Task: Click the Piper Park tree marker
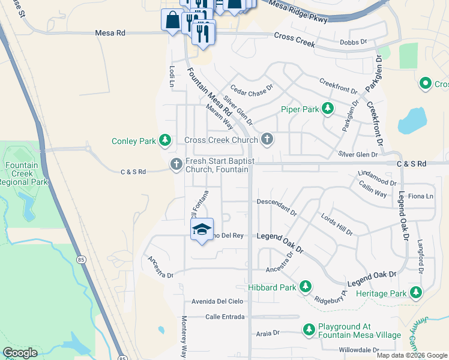click(x=327, y=109)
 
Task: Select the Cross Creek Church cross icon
click(x=267, y=140)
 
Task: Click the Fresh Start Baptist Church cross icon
click(x=176, y=164)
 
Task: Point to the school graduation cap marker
click(x=202, y=229)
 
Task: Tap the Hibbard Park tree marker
click(x=305, y=287)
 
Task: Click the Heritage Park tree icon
click(x=415, y=293)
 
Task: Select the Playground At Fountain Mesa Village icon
click(x=309, y=330)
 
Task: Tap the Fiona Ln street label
click(x=420, y=196)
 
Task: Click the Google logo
click(x=20, y=353)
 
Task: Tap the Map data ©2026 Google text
click(x=412, y=355)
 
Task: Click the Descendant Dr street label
click(x=277, y=206)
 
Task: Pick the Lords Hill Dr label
click(x=336, y=224)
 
